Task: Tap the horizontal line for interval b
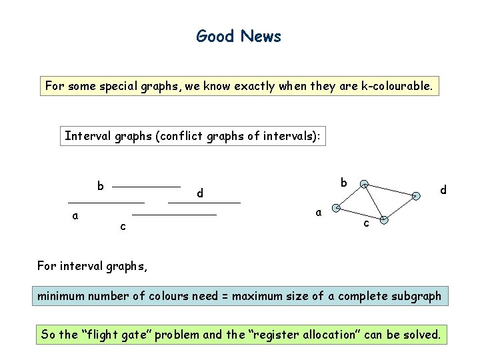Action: pos(147,186)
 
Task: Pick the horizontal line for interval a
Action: pos(106,201)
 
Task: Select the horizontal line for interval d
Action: pos(204,201)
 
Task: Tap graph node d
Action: pos(416,196)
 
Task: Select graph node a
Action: pos(337,208)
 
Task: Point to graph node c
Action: pos(383,220)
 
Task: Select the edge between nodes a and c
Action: pos(360,214)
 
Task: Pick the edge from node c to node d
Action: pos(400,208)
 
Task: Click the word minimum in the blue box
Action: pos(61,296)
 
